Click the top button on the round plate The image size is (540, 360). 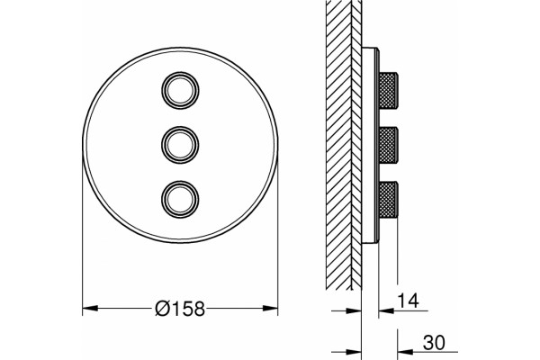(180, 90)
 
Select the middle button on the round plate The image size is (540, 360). (180, 145)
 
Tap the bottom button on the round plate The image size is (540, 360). (180, 200)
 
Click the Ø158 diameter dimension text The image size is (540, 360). (180, 309)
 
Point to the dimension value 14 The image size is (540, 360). (408, 301)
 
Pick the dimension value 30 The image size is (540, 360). (434, 343)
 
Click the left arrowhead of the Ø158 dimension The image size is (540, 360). (90, 308)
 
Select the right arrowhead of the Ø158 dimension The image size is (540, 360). (270, 308)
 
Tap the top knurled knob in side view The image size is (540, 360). (389, 90)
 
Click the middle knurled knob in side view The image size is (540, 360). (389, 145)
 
